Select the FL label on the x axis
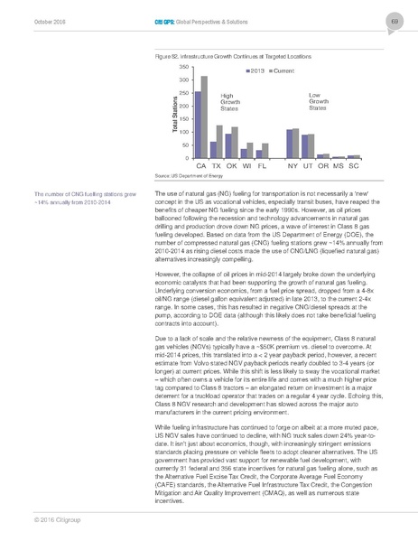coord(261,167)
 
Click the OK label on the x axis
coord(231,167)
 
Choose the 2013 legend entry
coord(255,70)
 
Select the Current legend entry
coord(284,70)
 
